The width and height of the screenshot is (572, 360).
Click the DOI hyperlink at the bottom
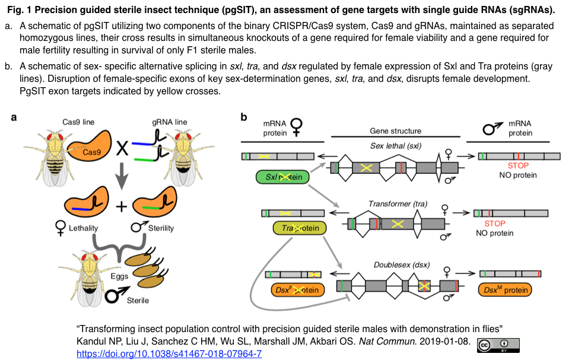coord(169,354)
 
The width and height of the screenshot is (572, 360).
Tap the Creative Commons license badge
coord(498,345)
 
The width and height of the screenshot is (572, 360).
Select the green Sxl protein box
coord(282,177)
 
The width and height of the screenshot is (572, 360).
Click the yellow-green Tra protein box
coord(300,228)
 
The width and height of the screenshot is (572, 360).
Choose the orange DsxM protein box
coord(504,290)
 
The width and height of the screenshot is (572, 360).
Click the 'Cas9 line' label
coord(79,122)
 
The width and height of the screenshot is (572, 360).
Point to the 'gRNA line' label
coord(170,122)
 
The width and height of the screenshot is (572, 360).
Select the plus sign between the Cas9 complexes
coord(121,206)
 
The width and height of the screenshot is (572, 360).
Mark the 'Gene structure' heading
coord(395,130)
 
